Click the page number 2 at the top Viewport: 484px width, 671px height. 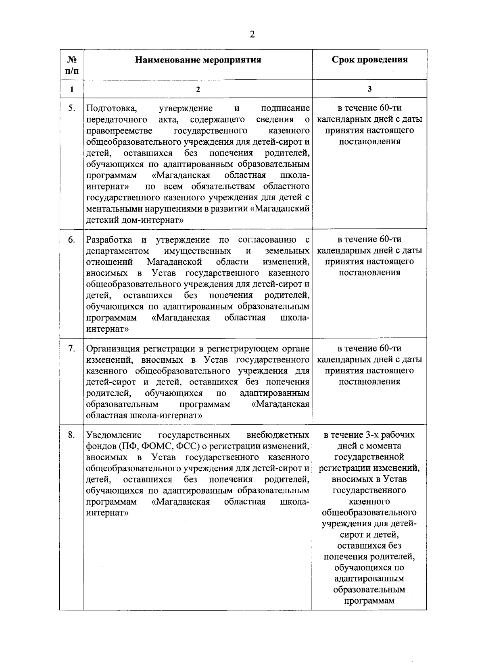[252, 35]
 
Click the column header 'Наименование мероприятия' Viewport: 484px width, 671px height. [198, 60]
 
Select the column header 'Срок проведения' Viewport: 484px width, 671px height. [369, 60]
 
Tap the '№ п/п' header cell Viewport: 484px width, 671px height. [71, 65]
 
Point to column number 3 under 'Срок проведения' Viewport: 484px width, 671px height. [369, 89]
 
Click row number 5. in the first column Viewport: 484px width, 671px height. [71, 108]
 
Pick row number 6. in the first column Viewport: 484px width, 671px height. [71, 240]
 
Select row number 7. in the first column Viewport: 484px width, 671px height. [71, 349]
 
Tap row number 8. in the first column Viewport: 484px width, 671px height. [71, 435]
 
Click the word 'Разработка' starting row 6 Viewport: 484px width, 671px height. [109, 240]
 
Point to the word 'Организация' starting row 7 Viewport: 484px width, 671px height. [111, 349]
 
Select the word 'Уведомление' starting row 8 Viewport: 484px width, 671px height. [114, 435]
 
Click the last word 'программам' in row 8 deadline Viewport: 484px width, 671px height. [369, 601]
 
